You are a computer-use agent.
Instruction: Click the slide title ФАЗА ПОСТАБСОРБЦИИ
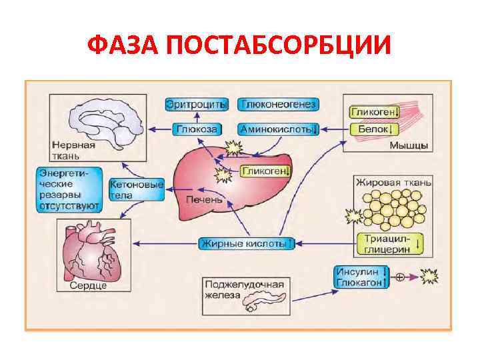point(239,47)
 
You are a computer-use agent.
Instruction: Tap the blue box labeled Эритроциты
point(197,105)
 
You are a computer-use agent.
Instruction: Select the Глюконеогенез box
point(279,105)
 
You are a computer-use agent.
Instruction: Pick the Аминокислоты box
point(279,129)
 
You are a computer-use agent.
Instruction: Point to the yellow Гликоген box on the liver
point(265,171)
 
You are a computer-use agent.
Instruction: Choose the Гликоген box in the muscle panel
point(375,111)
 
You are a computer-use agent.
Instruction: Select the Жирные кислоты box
point(247,243)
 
